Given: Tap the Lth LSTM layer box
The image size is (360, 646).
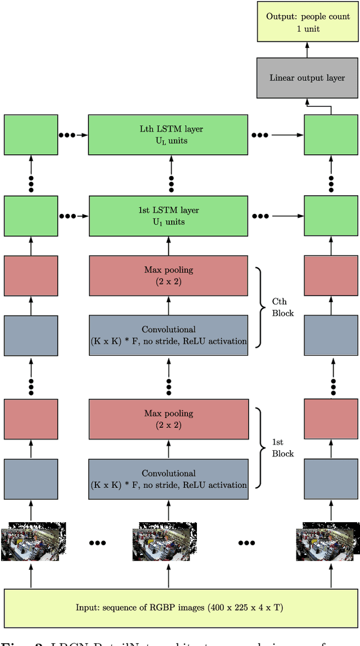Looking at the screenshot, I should (168, 134).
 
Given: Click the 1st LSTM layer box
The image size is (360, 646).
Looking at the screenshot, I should (168, 216).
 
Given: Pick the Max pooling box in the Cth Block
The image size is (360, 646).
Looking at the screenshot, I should (168, 276).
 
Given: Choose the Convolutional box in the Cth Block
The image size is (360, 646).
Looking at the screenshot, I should (168, 335).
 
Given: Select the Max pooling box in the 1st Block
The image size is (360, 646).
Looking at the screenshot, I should (168, 419).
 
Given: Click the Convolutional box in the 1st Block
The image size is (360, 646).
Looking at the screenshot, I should (168, 479).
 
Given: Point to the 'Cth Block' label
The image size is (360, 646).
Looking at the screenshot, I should (283, 307).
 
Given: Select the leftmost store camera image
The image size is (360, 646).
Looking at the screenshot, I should (30, 542).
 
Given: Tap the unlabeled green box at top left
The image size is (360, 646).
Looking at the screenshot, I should (31, 134).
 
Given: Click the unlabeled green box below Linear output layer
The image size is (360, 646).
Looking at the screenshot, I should (331, 134).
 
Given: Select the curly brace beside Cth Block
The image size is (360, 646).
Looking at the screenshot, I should (260, 307).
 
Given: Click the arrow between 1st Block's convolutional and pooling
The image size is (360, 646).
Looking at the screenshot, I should (168, 449).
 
